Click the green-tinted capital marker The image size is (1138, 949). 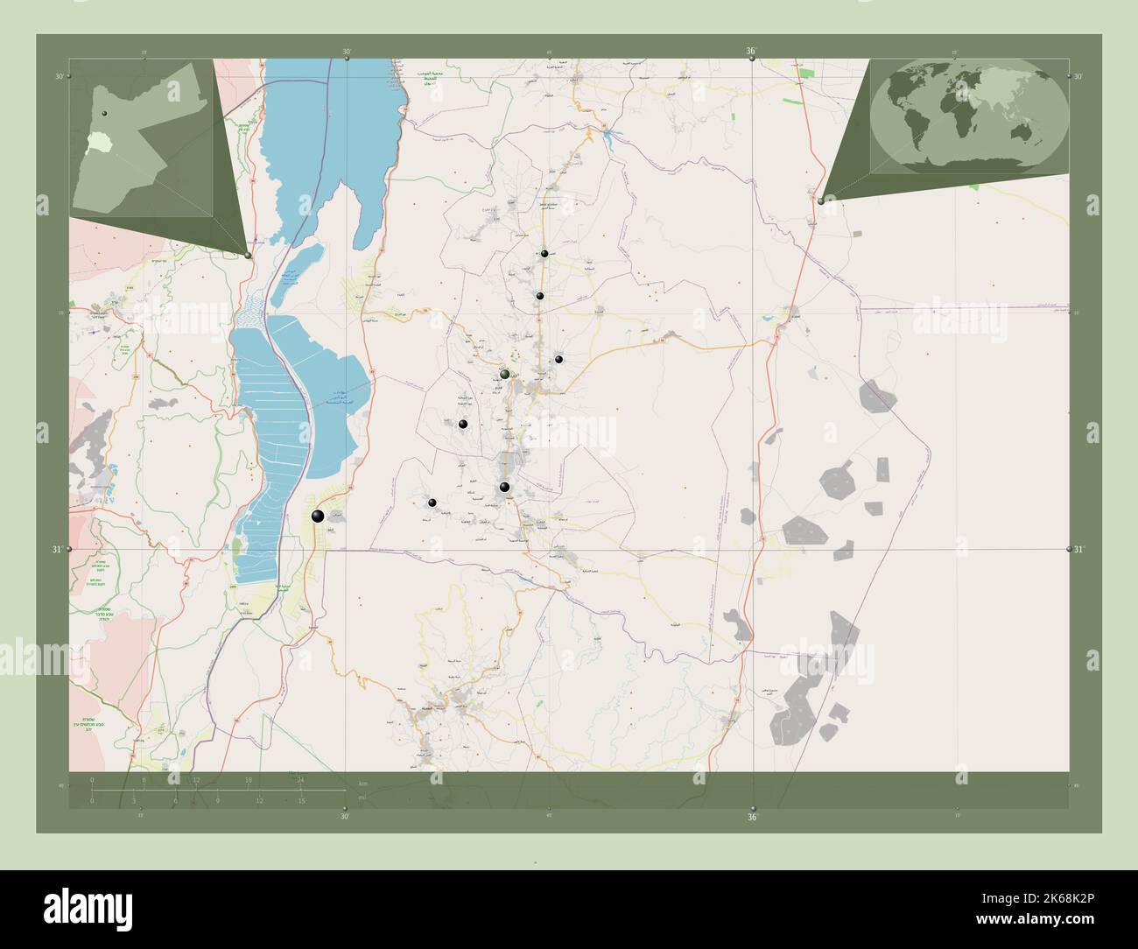pyautogui.click(x=504, y=375)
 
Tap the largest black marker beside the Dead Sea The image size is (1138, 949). pyautogui.click(x=319, y=517)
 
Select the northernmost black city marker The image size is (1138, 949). pyautogui.click(x=544, y=253)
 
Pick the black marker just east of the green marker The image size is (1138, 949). pyautogui.click(x=558, y=359)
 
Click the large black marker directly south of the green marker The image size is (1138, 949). pyautogui.click(x=504, y=487)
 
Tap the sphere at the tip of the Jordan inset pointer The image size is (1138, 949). pyautogui.click(x=249, y=256)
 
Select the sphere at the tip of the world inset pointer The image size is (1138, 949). pyautogui.click(x=820, y=200)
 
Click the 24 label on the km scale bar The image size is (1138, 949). pyautogui.click(x=300, y=780)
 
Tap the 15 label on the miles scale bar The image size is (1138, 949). pyautogui.click(x=300, y=800)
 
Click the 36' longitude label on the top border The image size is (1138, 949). pyautogui.click(x=751, y=52)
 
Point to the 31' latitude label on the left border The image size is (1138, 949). pyautogui.click(x=56, y=550)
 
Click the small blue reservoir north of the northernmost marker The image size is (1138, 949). pyautogui.click(x=606, y=131)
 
